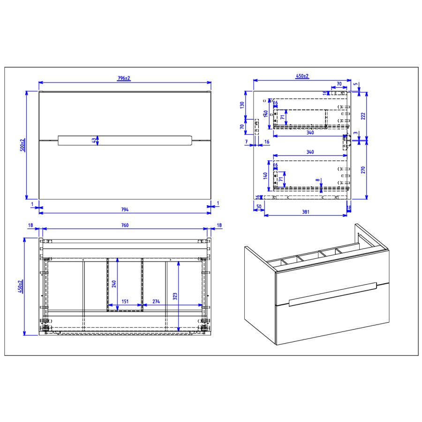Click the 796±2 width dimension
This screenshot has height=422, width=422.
tap(124, 78)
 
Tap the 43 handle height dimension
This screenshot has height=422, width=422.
tap(93, 140)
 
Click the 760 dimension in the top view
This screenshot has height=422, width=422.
tap(125, 226)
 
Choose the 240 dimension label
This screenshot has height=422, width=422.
tap(113, 283)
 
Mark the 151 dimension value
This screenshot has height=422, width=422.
tap(125, 301)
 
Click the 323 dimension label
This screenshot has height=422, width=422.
tap(175, 296)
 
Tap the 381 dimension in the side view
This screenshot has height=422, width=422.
tap(305, 211)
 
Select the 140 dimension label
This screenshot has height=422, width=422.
tap(265, 176)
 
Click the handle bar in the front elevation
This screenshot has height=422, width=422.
tap(125, 140)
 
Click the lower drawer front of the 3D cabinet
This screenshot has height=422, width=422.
tap(332, 322)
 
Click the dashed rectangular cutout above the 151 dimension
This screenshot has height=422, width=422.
tap(125, 283)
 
